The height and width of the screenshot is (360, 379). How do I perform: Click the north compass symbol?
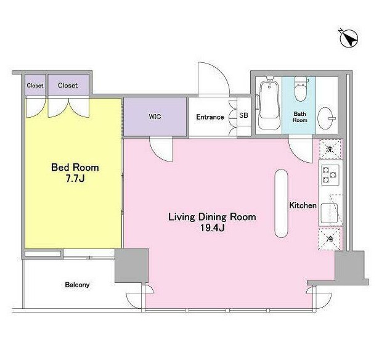(349, 38)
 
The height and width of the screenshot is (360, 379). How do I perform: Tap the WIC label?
(155, 117)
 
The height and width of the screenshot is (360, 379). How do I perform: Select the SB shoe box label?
(243, 115)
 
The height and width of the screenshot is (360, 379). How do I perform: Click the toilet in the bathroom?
(301, 89)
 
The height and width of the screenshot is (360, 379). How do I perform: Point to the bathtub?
(269, 102)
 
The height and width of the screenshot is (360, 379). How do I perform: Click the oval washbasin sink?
(325, 118)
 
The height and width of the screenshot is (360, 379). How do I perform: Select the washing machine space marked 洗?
(330, 149)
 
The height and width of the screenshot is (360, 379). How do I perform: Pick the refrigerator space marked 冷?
(330, 239)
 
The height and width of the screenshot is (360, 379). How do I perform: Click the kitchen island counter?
(282, 203)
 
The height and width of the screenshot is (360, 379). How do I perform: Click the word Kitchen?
(303, 205)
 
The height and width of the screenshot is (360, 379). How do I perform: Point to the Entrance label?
(210, 117)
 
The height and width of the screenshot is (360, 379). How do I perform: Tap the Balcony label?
(77, 285)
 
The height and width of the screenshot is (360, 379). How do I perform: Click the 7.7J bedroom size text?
(75, 179)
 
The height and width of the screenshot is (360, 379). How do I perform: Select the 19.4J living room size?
(213, 227)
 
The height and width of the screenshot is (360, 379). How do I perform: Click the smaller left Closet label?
(35, 85)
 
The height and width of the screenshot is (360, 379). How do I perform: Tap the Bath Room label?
(300, 117)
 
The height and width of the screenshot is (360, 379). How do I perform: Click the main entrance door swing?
(214, 79)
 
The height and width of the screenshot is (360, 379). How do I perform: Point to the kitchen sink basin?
(329, 213)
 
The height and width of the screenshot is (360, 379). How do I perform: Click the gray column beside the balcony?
(131, 265)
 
